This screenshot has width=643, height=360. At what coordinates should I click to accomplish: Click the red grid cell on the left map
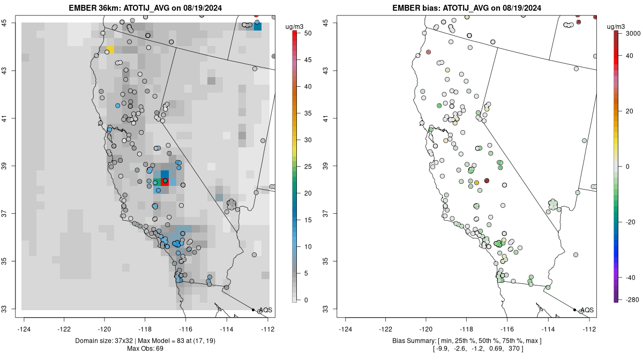pyautogui.click(x=165, y=182)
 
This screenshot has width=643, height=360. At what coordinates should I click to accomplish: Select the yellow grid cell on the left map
pyautogui.click(x=110, y=50)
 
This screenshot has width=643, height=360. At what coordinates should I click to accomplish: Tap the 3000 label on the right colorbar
pyautogui.click(x=633, y=33)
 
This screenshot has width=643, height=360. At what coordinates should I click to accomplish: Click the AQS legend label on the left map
pyautogui.click(x=266, y=310)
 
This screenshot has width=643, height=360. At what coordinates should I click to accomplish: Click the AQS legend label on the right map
pyautogui.click(x=587, y=310)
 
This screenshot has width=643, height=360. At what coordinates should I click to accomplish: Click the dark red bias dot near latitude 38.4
pyautogui.click(x=487, y=181)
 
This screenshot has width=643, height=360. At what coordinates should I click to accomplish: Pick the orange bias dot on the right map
pyautogui.click(x=476, y=183)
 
